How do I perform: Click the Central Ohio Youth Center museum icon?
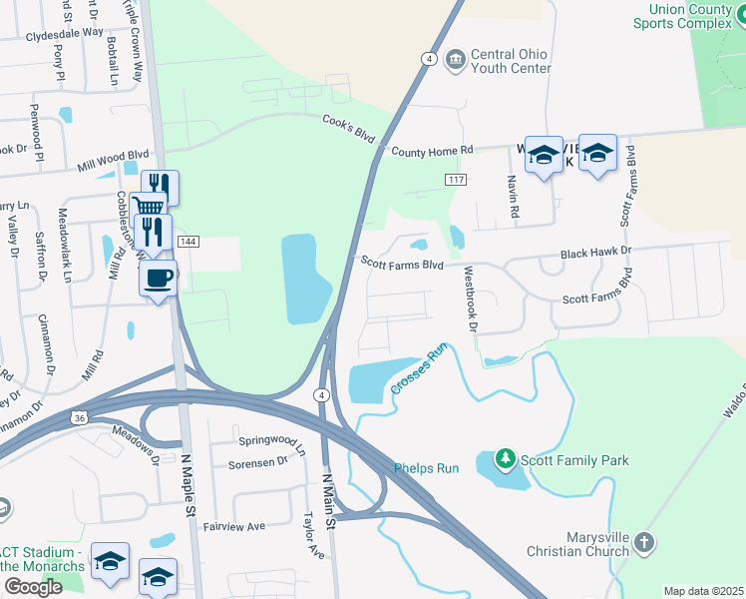click(x=456, y=60)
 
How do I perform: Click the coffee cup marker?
click(x=159, y=278)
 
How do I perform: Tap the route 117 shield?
click(x=456, y=179)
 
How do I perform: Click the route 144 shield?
click(x=186, y=243)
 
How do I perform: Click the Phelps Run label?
click(x=426, y=467)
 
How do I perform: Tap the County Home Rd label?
click(x=432, y=151)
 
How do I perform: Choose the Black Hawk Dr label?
click(x=596, y=253)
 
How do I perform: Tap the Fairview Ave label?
click(x=234, y=525)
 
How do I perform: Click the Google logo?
click(x=33, y=587)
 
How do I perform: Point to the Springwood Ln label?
click(x=271, y=439)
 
